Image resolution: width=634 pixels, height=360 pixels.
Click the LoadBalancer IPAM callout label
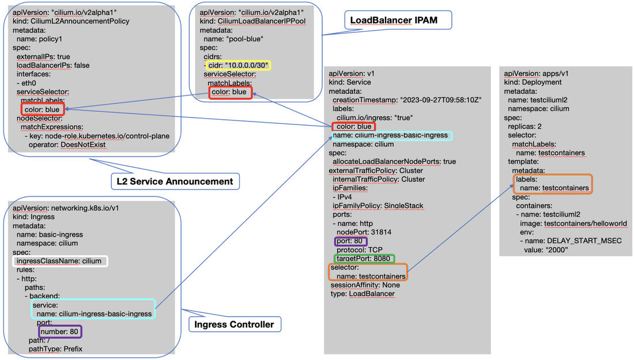(x=398, y=20)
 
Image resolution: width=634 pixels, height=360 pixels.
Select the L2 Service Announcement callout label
(x=175, y=181)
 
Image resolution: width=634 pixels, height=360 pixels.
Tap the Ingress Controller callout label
(x=235, y=324)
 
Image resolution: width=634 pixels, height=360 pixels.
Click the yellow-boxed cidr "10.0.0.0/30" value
(x=237, y=66)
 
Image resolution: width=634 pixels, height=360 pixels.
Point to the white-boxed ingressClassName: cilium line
(x=59, y=261)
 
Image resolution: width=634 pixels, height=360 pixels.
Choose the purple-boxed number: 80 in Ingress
(x=60, y=331)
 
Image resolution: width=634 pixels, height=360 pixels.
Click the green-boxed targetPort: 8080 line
(x=364, y=259)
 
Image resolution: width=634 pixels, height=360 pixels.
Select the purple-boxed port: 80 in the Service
(x=350, y=241)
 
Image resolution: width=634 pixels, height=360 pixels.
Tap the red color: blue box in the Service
(x=353, y=126)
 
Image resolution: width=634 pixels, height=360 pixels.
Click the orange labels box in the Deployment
(x=553, y=184)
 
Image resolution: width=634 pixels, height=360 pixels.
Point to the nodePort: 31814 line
(x=364, y=232)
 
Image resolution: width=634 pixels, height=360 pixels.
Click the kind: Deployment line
(x=524, y=82)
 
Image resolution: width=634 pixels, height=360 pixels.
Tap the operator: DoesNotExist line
(x=67, y=145)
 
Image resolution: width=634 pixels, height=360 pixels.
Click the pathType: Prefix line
(x=55, y=349)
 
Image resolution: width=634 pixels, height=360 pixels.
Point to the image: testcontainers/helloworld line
(x=573, y=223)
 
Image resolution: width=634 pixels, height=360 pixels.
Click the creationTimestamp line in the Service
(x=407, y=100)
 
